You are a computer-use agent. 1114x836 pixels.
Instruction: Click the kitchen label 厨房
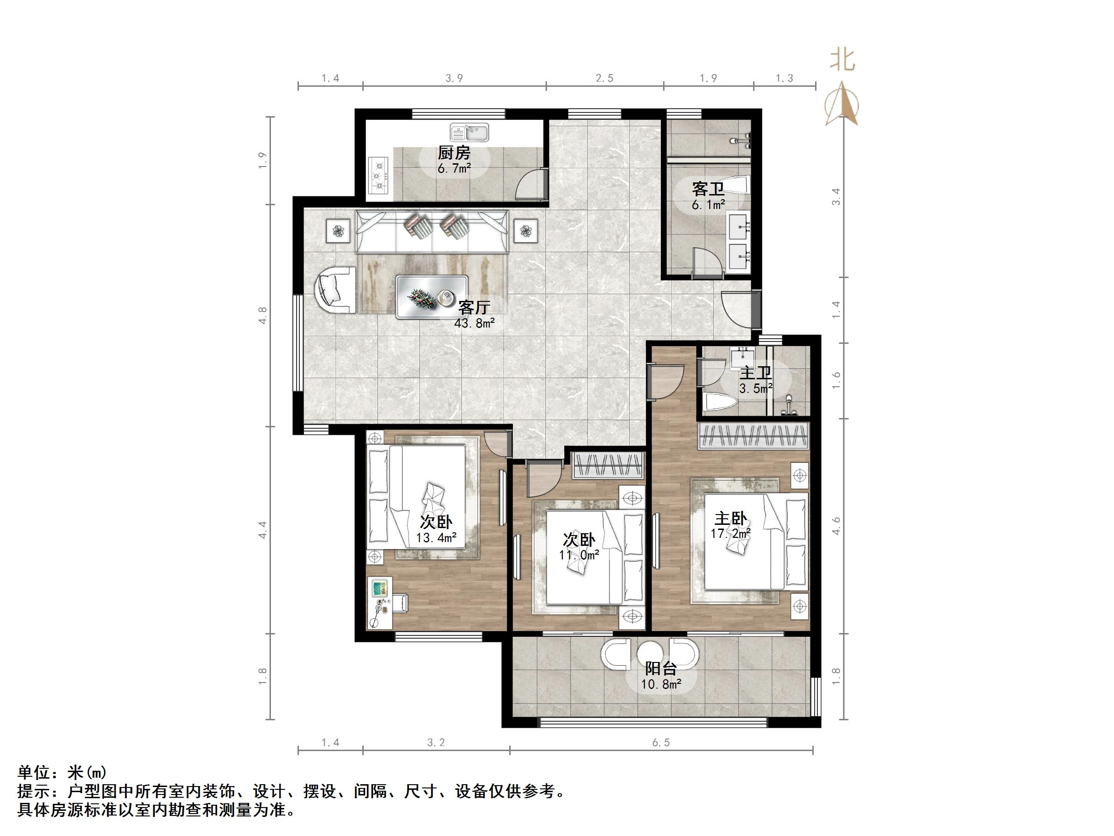click(454, 152)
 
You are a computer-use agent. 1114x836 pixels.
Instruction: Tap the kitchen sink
click(470, 132)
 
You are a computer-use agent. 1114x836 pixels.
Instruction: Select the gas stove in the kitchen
click(379, 176)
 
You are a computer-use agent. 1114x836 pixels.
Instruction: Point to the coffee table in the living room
click(432, 297)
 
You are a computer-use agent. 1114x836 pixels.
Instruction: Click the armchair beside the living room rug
click(334, 291)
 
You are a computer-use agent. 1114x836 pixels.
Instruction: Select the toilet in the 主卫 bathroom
click(720, 402)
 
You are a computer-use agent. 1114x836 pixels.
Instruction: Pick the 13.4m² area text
click(436, 538)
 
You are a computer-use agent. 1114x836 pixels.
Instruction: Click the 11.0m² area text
click(579, 555)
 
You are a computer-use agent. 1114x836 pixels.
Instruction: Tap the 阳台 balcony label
click(661, 669)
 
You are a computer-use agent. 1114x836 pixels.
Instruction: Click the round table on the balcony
click(650, 654)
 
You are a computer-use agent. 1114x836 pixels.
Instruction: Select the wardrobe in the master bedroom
click(754, 436)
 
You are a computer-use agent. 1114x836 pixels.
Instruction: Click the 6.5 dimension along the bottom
click(661, 743)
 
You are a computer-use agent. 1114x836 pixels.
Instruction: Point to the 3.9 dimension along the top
click(454, 78)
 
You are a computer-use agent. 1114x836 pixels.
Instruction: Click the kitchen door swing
click(532, 184)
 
